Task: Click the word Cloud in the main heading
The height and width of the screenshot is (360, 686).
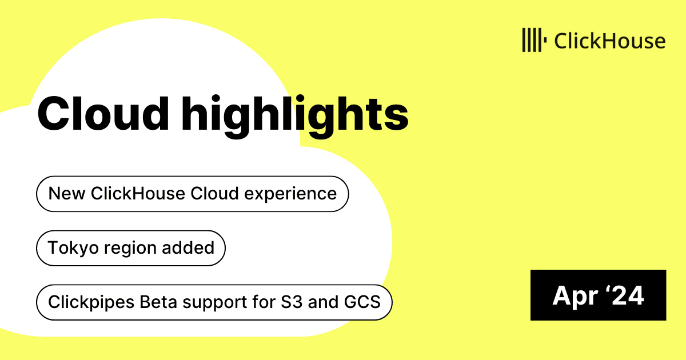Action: pyautogui.click(x=103, y=114)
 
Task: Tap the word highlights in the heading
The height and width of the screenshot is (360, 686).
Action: pyautogui.click(x=295, y=117)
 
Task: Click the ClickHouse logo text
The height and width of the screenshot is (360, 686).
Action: pyautogui.click(x=610, y=41)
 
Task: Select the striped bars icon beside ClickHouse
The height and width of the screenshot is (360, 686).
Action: pyautogui.click(x=535, y=40)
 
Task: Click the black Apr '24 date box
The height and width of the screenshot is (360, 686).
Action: pyautogui.click(x=598, y=295)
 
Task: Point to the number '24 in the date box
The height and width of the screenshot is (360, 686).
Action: pyautogui.click(x=624, y=295)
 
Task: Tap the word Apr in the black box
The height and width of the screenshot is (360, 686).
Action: pyautogui.click(x=575, y=297)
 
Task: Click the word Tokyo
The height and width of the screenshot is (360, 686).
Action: pyautogui.click(x=73, y=248)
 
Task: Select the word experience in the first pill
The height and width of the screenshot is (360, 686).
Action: pyautogui.click(x=290, y=195)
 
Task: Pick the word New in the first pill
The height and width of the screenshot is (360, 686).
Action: pyautogui.click(x=67, y=194)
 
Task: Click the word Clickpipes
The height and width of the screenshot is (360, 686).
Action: pyautogui.click(x=91, y=302)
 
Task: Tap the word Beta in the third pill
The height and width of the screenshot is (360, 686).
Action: pyautogui.click(x=158, y=302)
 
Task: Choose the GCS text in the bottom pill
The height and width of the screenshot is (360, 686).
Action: pyautogui.click(x=362, y=302)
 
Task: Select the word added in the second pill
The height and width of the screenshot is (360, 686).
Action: pyautogui.click(x=188, y=247)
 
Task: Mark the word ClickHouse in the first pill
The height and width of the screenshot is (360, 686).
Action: pyautogui.click(x=138, y=194)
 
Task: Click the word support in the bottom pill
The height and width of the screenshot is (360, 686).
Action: pyautogui.click(x=215, y=303)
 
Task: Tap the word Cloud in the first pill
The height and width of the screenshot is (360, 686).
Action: pyautogui.click(x=214, y=194)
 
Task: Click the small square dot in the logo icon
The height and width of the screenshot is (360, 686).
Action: pyautogui.click(x=545, y=40)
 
